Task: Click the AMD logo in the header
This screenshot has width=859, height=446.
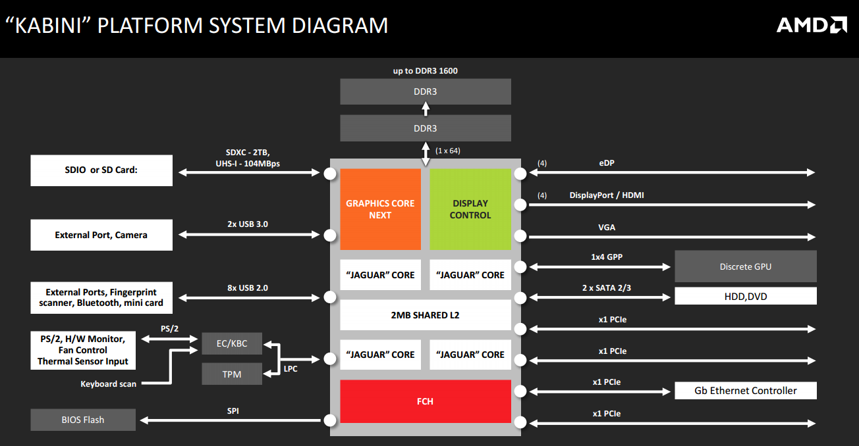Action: [x=811, y=25]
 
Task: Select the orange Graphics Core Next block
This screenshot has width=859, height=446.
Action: [x=380, y=209]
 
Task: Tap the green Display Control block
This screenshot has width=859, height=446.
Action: [x=470, y=209]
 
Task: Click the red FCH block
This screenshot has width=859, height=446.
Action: [x=426, y=401]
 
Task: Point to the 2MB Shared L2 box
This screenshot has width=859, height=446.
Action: [x=426, y=315]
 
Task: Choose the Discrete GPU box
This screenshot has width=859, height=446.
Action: [x=746, y=266]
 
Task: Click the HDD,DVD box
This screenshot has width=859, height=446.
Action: [x=746, y=296]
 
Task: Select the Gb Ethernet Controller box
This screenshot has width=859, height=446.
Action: [x=746, y=391]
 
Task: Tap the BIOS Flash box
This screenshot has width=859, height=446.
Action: [x=83, y=420]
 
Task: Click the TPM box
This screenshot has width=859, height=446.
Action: [x=232, y=374]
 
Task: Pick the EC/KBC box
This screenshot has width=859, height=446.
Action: [x=232, y=343]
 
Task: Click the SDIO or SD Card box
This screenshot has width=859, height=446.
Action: [x=101, y=171]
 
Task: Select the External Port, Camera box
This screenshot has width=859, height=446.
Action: [x=101, y=235]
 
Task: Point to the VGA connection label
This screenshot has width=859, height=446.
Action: [x=607, y=227]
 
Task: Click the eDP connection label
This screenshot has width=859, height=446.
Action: [x=607, y=163]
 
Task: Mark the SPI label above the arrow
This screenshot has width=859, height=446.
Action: [x=233, y=410]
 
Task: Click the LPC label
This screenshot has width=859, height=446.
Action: [x=290, y=369]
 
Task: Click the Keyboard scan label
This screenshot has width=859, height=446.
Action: [x=109, y=384]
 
